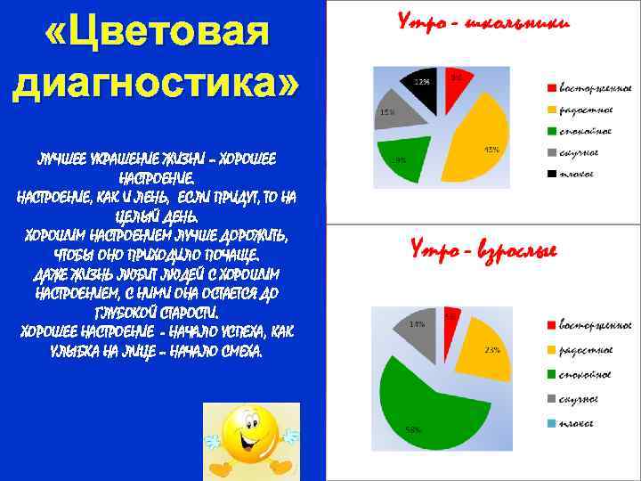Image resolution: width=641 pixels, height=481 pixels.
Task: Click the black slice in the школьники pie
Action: pos(423,87)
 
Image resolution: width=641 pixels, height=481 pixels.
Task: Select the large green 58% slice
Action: pos(427,401)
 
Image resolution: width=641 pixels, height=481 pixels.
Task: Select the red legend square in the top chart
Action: pos(552,88)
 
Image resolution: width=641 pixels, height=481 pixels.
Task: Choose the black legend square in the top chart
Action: pos(552,174)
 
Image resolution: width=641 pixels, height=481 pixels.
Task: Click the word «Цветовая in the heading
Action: pos(156,36)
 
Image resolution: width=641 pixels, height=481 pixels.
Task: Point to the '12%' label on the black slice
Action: pos(421,82)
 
